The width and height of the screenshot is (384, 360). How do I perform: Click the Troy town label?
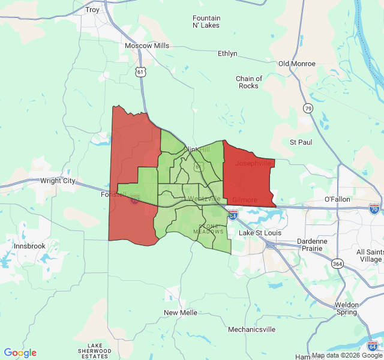tap(92, 10)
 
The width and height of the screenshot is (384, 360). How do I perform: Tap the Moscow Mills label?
tap(147, 46)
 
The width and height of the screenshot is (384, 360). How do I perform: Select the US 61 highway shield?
tap(140, 71)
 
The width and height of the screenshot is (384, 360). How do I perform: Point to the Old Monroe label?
tap(298, 64)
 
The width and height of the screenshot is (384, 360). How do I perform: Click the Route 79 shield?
tap(308, 108)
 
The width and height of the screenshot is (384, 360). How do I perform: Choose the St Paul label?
tap(301, 142)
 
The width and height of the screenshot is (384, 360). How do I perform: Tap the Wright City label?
tap(58, 181)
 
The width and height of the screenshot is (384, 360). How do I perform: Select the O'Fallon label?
tap(337, 199)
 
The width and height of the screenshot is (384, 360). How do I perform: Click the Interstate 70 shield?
tap(374, 209)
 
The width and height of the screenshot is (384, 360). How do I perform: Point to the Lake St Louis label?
tap(259, 233)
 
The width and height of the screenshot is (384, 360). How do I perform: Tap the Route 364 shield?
tap(338, 264)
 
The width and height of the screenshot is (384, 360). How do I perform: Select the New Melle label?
tap(180, 313)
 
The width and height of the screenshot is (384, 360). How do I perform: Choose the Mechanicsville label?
tap(251, 329)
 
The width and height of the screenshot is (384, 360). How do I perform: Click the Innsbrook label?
tap(30, 246)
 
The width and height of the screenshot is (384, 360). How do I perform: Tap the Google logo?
tap(20, 353)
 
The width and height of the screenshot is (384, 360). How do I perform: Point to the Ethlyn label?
tap(227, 53)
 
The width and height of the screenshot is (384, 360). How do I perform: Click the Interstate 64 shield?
tap(371, 346)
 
